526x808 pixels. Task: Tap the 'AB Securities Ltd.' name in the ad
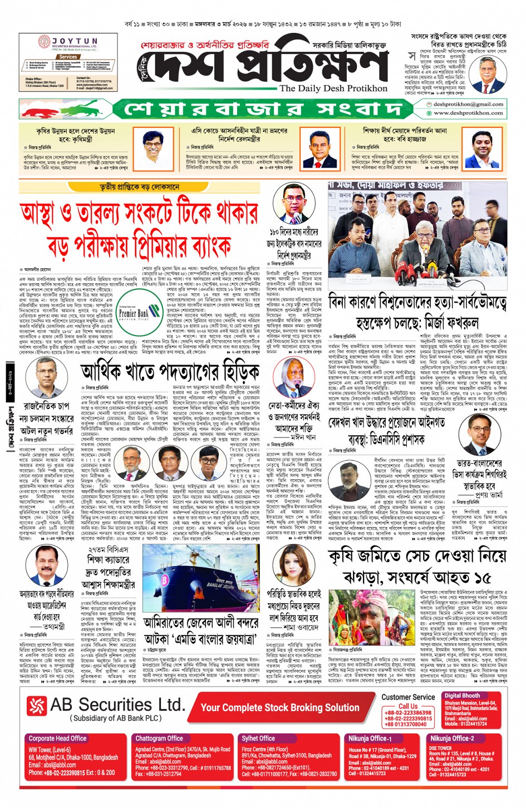117,705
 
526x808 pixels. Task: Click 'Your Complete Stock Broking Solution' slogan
280,707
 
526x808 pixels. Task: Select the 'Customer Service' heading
408,697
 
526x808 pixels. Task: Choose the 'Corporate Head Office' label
57,738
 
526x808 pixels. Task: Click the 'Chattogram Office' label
159,738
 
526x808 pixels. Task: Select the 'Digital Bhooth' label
462,696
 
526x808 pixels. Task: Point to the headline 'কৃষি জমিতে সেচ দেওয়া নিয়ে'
417,556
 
